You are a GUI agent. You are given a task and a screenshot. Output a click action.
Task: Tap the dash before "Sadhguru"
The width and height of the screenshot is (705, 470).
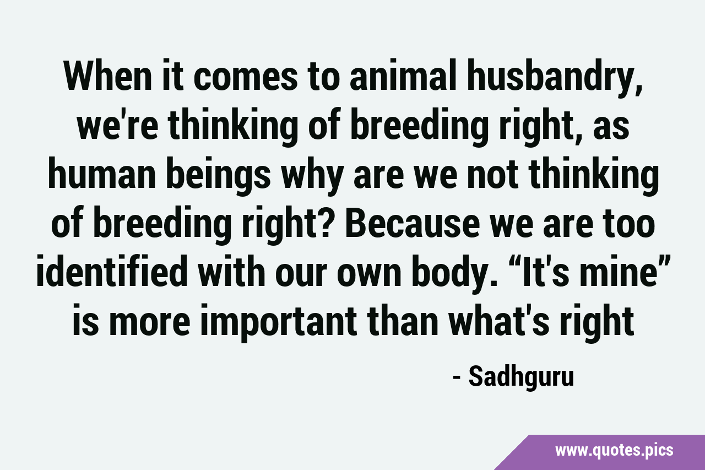tap(457, 379)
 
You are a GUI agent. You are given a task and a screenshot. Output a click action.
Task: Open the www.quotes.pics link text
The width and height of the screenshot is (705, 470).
tap(614, 451)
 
